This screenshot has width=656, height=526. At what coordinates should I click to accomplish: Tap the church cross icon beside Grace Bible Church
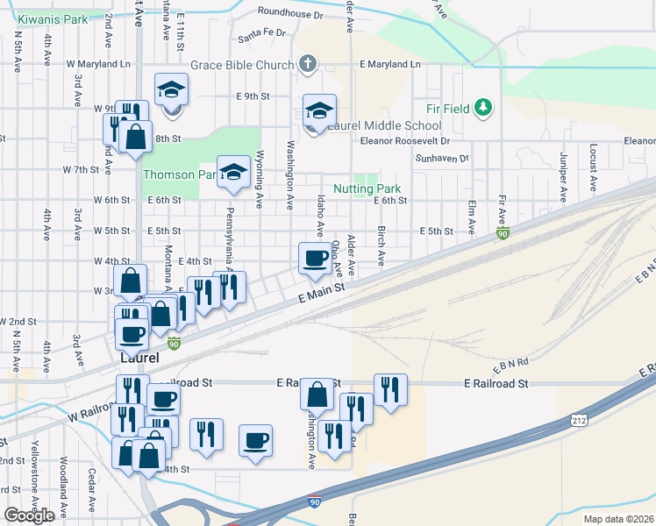pos(307,64)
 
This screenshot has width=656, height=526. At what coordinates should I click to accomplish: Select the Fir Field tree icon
pos(482,108)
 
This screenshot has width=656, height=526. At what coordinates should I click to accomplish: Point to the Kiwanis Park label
pos(53,19)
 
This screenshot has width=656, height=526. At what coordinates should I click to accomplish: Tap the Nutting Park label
pos(367,188)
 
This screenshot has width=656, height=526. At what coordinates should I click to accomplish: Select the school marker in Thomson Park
pos(234,172)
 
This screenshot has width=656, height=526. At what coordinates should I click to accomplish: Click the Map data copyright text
pos(618,519)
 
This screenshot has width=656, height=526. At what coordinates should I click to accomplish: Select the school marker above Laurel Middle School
pos(320,110)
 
